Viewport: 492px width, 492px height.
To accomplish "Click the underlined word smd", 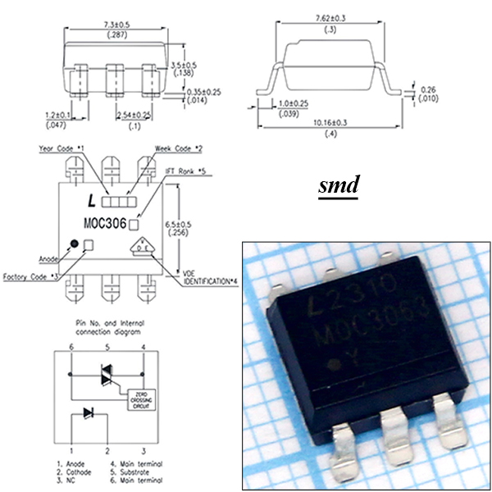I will [339, 186].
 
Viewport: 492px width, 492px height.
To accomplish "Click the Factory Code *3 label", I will [32, 275].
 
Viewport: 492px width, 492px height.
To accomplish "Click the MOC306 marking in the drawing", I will [106, 222].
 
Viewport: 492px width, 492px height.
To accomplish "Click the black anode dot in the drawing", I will [75, 243].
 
